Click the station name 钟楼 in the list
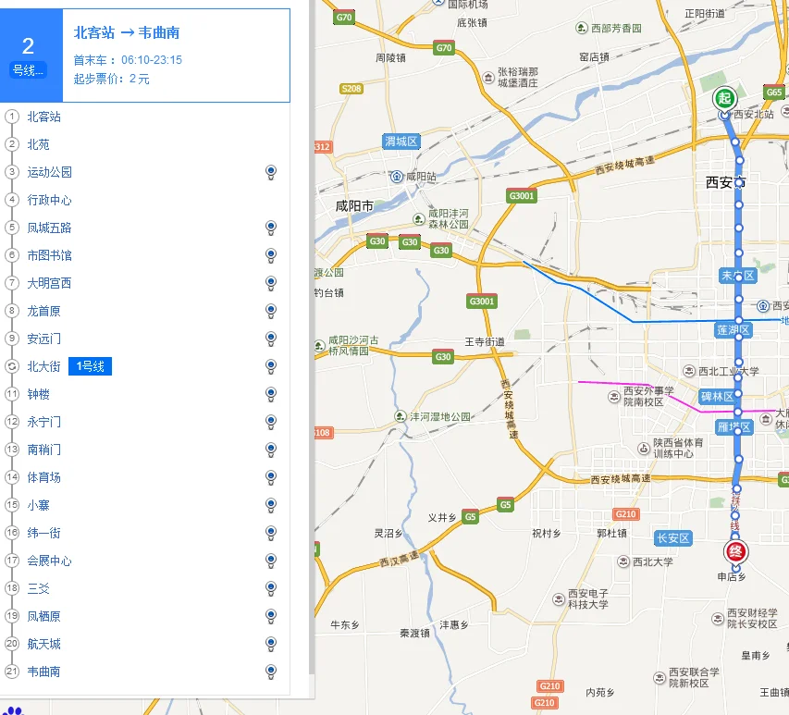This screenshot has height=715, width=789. tap(39, 394)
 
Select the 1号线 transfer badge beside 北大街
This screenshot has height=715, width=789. tap(91, 367)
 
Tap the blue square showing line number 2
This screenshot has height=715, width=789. tap(29, 55)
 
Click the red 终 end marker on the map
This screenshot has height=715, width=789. tap(736, 552)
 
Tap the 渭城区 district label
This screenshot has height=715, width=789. tap(401, 142)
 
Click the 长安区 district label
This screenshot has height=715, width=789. tap(672, 538)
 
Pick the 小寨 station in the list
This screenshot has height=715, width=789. tap(38, 505)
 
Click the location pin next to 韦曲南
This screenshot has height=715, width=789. tap(271, 671)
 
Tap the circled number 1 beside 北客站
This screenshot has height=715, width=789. tap(12, 117)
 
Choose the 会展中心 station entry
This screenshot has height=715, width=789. tap(49, 561)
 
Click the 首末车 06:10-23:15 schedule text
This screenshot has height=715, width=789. tap(128, 60)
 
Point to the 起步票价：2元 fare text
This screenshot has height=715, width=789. tap(111, 79)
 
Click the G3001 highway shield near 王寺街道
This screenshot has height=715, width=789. tap(482, 302)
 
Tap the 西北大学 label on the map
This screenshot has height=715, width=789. tap(654, 561)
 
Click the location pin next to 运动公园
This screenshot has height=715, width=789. tap(271, 171)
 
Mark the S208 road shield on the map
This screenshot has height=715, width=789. tap(351, 89)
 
